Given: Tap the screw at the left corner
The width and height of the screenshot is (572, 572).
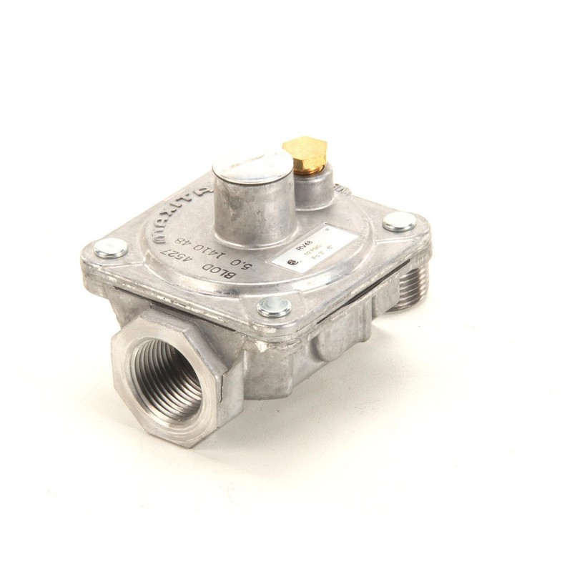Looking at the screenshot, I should pos(111,248).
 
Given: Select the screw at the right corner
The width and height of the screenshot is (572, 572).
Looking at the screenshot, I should pos(398,222).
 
